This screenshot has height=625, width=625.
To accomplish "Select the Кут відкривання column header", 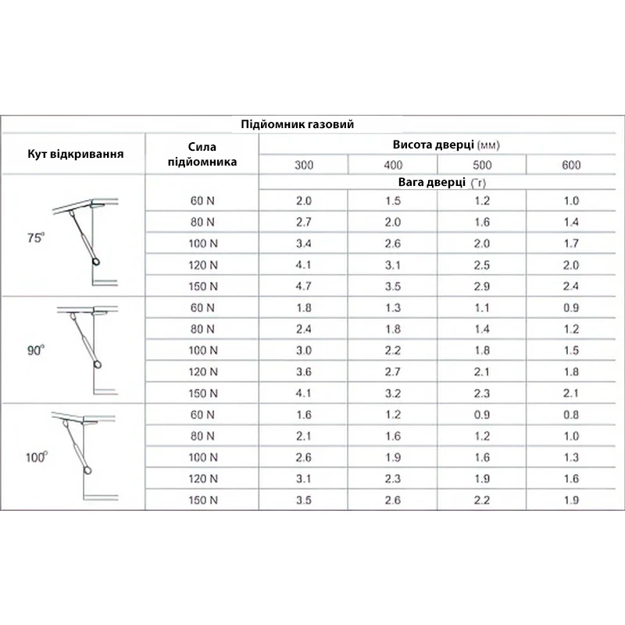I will pyautogui.click(x=75, y=153).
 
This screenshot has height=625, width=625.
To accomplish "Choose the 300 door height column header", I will pyautogui.click(x=304, y=165).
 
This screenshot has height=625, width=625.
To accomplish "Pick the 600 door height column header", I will pyautogui.click(x=571, y=165).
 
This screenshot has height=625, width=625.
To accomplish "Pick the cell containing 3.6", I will pyautogui.click(x=304, y=372).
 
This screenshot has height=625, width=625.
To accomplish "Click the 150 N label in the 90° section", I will pyautogui.click(x=202, y=393).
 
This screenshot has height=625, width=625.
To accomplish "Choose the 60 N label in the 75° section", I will pyautogui.click(x=202, y=201).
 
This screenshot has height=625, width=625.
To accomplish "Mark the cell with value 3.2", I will pyautogui.click(x=393, y=393).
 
